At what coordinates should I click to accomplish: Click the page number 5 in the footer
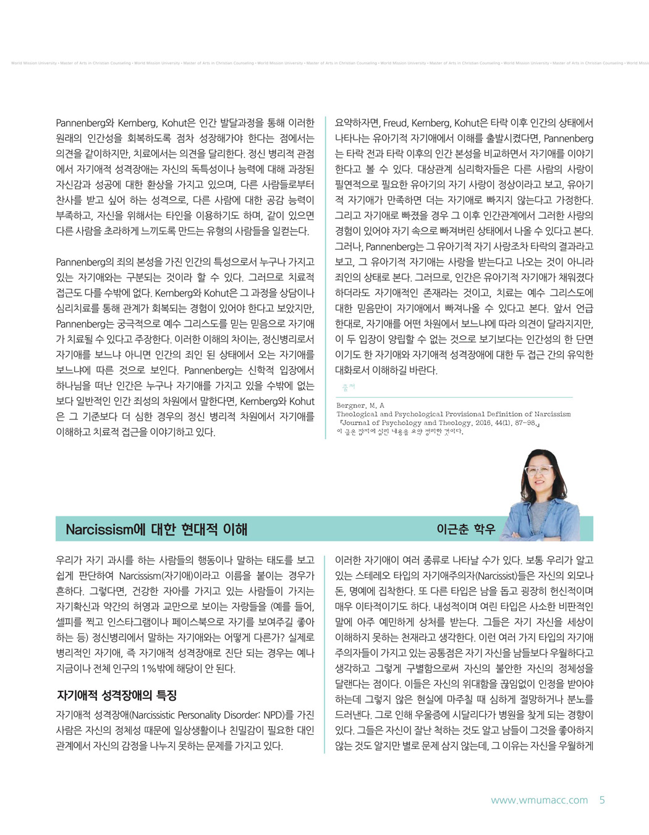[x=602, y=800]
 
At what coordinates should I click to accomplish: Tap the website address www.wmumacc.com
[x=539, y=800]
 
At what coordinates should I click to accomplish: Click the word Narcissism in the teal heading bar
[x=100, y=529]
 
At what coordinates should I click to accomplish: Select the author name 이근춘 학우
[x=465, y=529]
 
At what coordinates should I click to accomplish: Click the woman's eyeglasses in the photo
[x=539, y=471]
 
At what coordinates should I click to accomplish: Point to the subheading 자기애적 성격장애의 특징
[x=117, y=695]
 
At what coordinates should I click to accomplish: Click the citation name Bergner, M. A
[x=360, y=405]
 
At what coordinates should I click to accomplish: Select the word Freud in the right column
[x=396, y=123]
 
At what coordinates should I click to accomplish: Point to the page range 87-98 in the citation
[x=525, y=423]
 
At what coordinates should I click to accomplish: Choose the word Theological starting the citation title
[x=356, y=414]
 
